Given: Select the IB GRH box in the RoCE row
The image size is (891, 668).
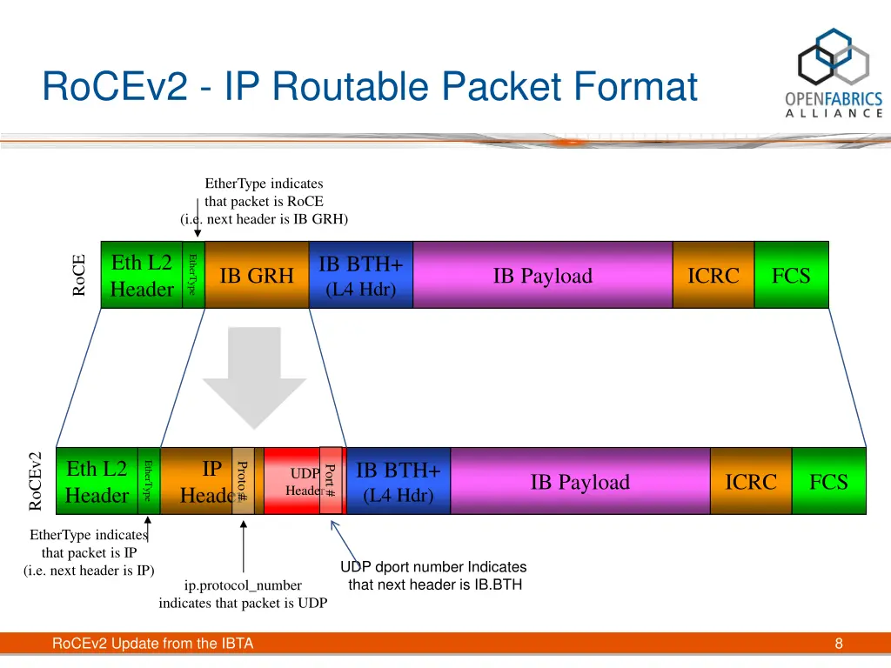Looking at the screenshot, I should (x=257, y=276).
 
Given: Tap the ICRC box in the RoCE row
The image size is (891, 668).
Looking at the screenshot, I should (x=713, y=276).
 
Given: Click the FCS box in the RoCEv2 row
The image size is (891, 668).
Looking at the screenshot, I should (x=828, y=482).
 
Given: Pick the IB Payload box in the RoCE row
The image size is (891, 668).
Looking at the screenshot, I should (x=542, y=276).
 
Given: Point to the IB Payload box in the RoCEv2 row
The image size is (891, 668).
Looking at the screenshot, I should (x=579, y=482).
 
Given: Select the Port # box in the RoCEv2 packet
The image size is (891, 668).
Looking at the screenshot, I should (x=331, y=480).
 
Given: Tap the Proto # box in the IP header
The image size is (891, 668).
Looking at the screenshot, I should (x=243, y=480).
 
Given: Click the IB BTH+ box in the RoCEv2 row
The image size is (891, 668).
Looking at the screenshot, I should (x=399, y=482).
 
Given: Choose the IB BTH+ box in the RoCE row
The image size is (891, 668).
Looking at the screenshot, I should (x=360, y=276).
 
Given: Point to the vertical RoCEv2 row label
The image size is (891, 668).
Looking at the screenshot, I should (x=36, y=481).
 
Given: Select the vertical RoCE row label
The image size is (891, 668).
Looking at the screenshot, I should (x=79, y=275).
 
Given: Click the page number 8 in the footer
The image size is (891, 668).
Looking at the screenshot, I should (x=839, y=644).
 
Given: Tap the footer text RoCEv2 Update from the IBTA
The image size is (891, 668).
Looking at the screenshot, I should (x=152, y=644).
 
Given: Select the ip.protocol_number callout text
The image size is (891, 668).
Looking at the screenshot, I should (x=243, y=594).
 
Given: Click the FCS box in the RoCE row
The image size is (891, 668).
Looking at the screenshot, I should (x=791, y=276).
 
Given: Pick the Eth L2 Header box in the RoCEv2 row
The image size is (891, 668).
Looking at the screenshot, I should (x=97, y=482).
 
